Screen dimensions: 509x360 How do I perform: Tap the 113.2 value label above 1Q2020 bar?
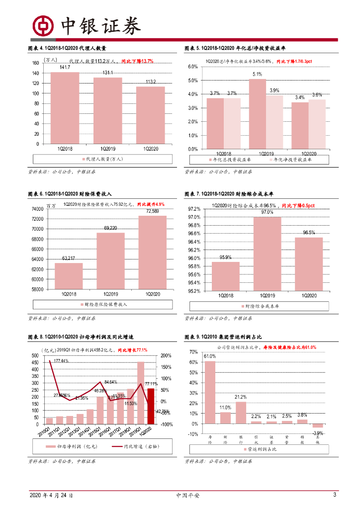click(151, 82)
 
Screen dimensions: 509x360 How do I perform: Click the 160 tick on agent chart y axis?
click(35, 63)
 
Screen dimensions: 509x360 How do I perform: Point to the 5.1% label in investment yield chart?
click(257, 74)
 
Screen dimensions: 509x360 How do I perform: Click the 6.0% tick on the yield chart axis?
click(192, 67)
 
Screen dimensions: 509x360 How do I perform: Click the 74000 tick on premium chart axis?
click(37, 209)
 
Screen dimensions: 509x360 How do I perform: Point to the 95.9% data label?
click(225, 257)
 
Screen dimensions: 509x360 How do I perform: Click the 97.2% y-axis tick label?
click(194, 209)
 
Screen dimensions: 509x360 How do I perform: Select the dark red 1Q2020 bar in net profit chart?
click(151, 406)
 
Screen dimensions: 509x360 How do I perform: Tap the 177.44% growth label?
click(61, 361)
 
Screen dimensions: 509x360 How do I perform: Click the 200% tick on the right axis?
click(167, 356)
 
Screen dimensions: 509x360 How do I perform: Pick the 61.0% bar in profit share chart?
click(210, 392)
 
